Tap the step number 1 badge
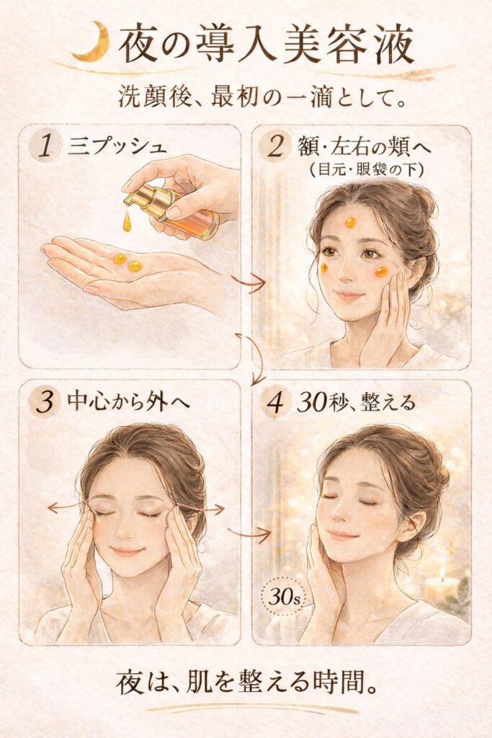[45, 146]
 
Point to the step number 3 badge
[45, 401]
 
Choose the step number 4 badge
[276, 402]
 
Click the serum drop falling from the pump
[127, 222]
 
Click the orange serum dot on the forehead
[350, 222]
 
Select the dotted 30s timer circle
[284, 599]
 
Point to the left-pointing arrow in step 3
[66, 507]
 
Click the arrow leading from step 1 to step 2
[249, 282]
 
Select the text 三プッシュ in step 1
[117, 146]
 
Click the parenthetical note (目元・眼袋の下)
[367, 169]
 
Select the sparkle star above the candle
[451, 548]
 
